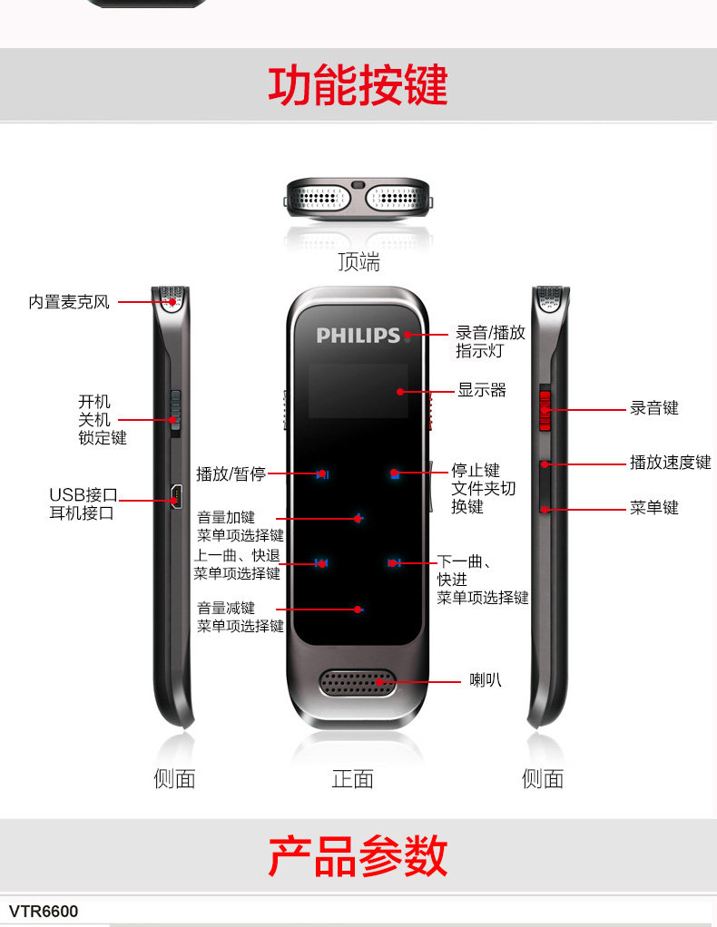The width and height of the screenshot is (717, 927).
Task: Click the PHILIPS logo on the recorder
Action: [x=358, y=335]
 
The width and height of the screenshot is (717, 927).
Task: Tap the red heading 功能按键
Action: [x=358, y=85]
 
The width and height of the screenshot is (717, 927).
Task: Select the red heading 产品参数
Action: [x=358, y=855]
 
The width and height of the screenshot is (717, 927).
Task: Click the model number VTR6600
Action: [x=44, y=911]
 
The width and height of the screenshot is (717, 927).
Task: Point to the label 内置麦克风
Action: [x=69, y=302]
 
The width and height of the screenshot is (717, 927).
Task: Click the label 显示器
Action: [x=481, y=390]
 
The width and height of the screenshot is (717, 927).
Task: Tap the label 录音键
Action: [x=654, y=408]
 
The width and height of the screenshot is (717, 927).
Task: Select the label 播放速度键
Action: [x=671, y=463]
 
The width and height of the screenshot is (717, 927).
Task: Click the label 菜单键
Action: [x=654, y=507]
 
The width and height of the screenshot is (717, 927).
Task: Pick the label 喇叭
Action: [x=485, y=680]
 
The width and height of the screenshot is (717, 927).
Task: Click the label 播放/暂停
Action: [x=231, y=473]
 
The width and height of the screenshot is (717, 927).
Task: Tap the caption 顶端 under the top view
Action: [x=358, y=262]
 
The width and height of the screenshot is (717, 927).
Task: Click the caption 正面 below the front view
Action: [x=353, y=778]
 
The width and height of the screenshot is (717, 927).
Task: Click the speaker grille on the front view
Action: [x=358, y=683]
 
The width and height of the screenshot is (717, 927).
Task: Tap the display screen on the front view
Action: [x=358, y=390]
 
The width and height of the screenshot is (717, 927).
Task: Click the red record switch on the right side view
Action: [x=545, y=409]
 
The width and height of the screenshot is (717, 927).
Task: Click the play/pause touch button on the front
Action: [x=322, y=473]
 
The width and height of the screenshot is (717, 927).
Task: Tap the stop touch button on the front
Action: [x=394, y=473]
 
